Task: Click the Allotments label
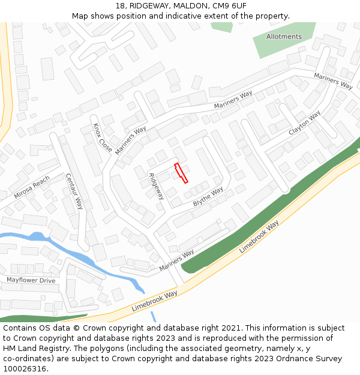point(284,37)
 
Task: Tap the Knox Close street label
point(103,137)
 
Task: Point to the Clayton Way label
point(305,123)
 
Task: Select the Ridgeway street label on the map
point(156,186)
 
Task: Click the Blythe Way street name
point(208,197)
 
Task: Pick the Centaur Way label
point(74,191)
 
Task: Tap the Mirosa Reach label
point(32,188)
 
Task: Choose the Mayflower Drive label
point(31,280)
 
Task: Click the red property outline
point(181,173)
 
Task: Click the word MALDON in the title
point(190,6)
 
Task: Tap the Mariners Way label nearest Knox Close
point(131,140)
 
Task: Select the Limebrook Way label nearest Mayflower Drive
point(155,301)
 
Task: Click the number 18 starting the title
point(120,6)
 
